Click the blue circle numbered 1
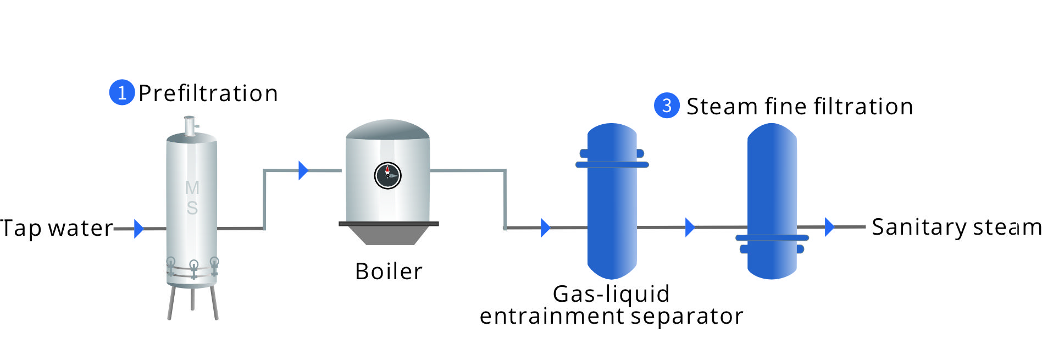[x=122, y=92]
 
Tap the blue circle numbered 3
[x=667, y=105]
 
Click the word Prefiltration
[x=208, y=93]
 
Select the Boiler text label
[x=389, y=272]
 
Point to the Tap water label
[x=56, y=228]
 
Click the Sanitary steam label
[x=956, y=227]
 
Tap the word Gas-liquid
[x=611, y=294]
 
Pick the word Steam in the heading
[x=721, y=107]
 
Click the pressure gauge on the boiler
[x=387, y=176]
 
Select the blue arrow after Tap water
[x=138, y=229]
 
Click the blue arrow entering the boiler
[x=303, y=170]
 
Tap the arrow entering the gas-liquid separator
[x=545, y=228]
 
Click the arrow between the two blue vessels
[x=690, y=227]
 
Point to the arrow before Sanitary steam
[x=829, y=226]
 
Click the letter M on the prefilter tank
[x=192, y=188]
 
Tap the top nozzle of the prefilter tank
[x=190, y=125]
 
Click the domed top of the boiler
[x=387, y=130]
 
